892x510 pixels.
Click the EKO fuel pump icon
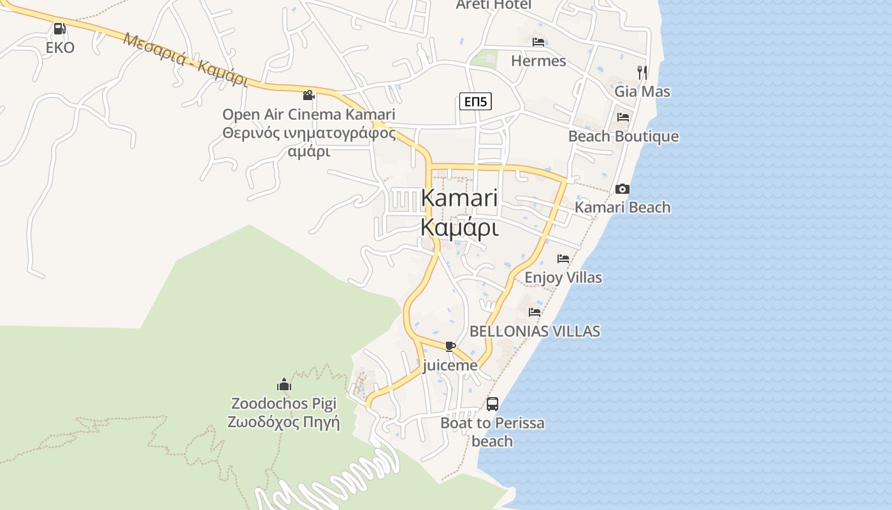pyautogui.click(x=59, y=29)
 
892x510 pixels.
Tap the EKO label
pyautogui.click(x=60, y=48)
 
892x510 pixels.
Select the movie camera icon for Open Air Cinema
pyautogui.click(x=308, y=96)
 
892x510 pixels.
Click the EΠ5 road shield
pyautogui.click(x=475, y=101)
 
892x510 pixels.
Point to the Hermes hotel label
pyautogui.click(x=538, y=61)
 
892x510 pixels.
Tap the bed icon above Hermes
pyautogui.click(x=538, y=42)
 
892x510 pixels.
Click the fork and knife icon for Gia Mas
pyautogui.click(x=642, y=73)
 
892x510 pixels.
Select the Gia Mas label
pyautogui.click(x=642, y=92)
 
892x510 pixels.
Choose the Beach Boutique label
pyautogui.click(x=623, y=137)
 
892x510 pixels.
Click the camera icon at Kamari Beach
pyautogui.click(x=622, y=189)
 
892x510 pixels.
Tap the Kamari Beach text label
pyautogui.click(x=622, y=208)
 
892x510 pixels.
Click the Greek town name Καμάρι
pyautogui.click(x=459, y=228)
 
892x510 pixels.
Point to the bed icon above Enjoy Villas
pyautogui.click(x=563, y=259)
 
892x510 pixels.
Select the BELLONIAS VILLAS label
pyautogui.click(x=535, y=331)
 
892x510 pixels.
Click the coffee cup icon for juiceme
pyautogui.click(x=450, y=346)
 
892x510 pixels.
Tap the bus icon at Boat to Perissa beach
pyautogui.click(x=493, y=404)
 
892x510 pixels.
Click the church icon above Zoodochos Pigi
pyautogui.click(x=284, y=384)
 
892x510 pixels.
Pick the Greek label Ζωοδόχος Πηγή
pyautogui.click(x=284, y=423)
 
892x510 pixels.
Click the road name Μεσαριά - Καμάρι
pyautogui.click(x=185, y=59)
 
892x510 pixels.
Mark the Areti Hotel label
pyautogui.click(x=493, y=5)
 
